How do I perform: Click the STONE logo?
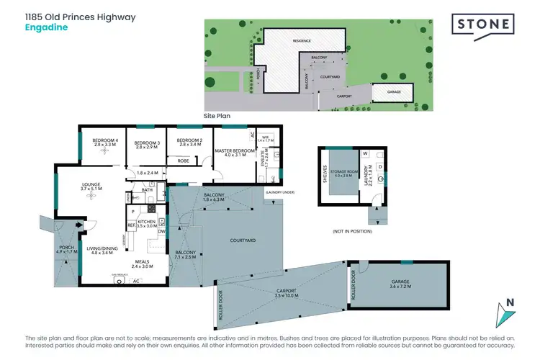tap(483, 25)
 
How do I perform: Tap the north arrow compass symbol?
tap(508, 312)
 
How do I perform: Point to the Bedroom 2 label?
tap(189, 142)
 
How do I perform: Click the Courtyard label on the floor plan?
tap(243, 240)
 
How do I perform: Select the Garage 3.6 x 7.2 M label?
tap(399, 284)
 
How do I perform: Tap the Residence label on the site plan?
tap(301, 41)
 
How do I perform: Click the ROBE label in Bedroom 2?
tap(184, 161)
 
